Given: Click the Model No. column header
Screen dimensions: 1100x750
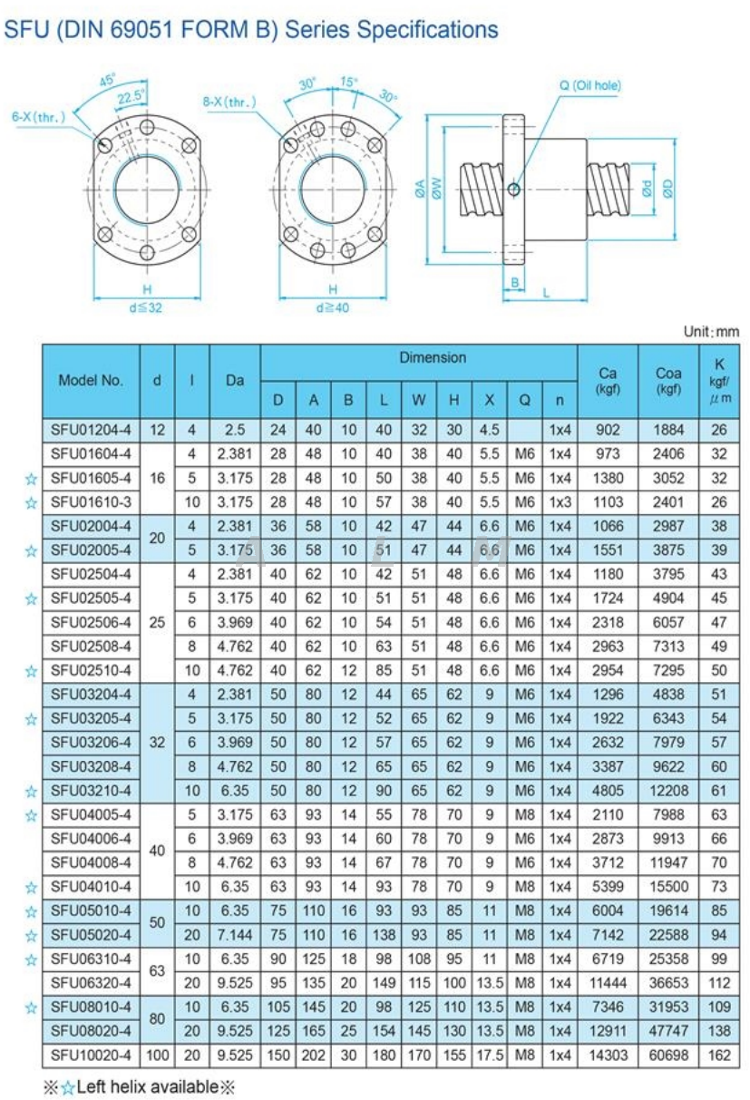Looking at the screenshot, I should point(91,381).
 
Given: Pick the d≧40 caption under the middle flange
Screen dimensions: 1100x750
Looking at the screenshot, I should point(332,307).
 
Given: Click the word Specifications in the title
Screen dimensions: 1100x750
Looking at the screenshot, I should point(427,29).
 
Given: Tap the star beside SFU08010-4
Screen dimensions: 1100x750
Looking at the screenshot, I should point(33,1006).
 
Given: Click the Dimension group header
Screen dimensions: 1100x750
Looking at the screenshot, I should point(433,358).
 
